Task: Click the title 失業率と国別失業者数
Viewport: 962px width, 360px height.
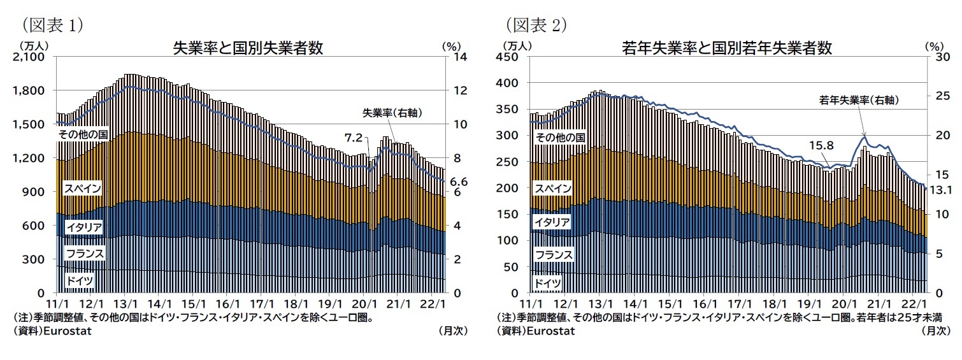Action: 247,48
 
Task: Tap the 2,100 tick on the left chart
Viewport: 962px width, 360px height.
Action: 27,57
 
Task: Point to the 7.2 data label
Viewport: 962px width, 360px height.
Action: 354,137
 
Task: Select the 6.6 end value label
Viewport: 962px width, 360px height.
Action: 459,182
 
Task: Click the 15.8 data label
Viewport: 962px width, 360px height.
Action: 821,145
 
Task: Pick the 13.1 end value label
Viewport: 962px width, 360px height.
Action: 940,189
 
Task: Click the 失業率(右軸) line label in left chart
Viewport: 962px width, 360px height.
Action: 393,113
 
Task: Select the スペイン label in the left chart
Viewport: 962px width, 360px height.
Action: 82,189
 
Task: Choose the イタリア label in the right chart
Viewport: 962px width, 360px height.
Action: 552,222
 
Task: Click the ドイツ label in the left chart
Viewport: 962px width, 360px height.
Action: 80,280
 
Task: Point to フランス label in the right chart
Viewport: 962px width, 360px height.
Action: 554,255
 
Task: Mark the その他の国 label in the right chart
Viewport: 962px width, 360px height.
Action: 559,137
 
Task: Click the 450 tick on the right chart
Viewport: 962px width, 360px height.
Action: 513,57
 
